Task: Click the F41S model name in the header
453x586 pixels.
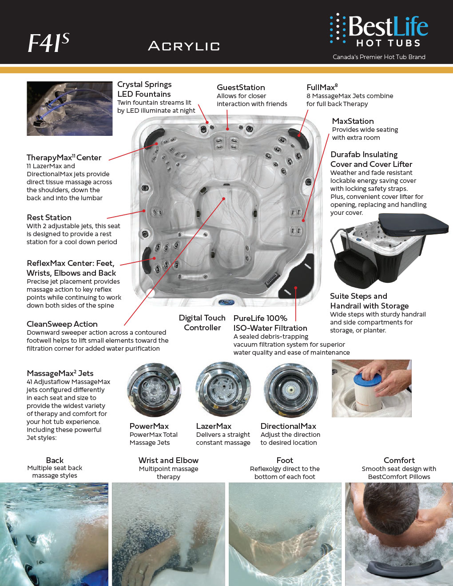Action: click(x=48, y=44)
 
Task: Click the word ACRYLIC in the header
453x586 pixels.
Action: click(x=184, y=46)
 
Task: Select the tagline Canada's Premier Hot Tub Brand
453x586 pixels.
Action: click(x=379, y=57)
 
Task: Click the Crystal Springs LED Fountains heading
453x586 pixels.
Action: click(x=144, y=89)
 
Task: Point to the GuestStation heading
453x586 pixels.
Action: click(x=241, y=87)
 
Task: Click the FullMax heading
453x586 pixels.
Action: click(x=322, y=87)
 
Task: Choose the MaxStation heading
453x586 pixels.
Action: click(x=353, y=121)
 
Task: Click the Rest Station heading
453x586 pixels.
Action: click(x=49, y=218)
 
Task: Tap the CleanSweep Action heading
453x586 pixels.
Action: click(x=62, y=324)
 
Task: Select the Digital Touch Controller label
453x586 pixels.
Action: click(x=202, y=323)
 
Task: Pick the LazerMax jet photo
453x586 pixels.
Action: click(x=223, y=390)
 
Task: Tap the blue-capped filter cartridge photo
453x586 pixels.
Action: click(x=371, y=388)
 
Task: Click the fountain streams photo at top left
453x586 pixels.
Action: click(x=70, y=108)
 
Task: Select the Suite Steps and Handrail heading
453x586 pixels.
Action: click(x=369, y=301)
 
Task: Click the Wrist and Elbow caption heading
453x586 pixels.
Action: click(x=168, y=460)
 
